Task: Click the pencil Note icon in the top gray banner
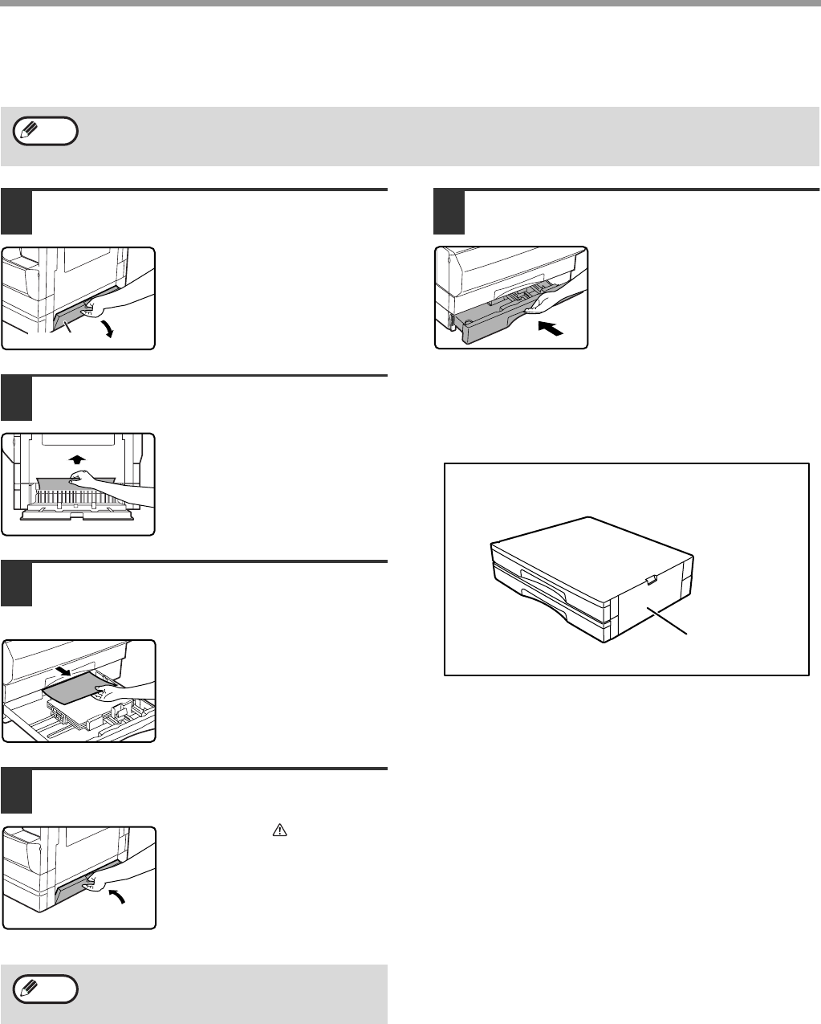46,130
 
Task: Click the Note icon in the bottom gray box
46,989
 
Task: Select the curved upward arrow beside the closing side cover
118,899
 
